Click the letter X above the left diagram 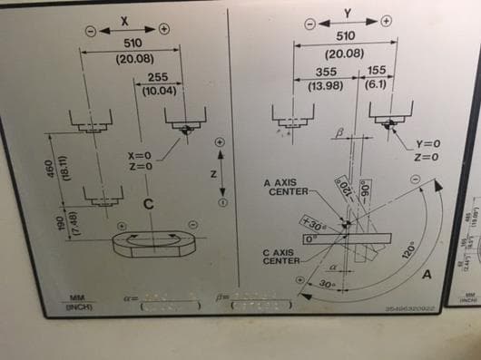(x=125, y=20)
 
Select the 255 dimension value (x=157, y=78)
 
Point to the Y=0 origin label (x=427, y=144)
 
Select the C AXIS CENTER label (x=282, y=257)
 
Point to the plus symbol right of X (x=164, y=28)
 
